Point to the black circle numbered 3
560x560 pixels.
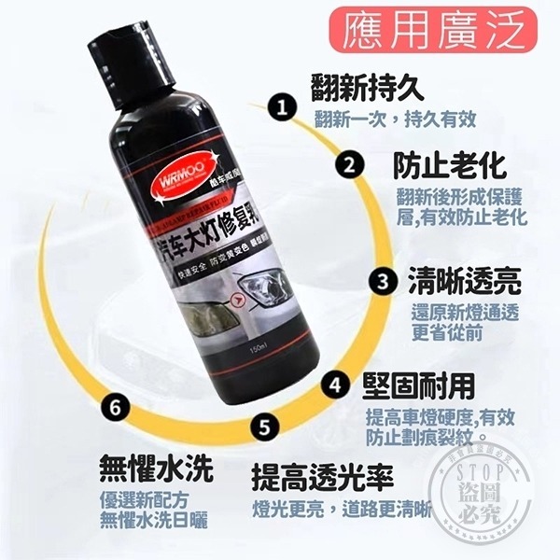(382, 280)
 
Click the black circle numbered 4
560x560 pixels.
(336, 384)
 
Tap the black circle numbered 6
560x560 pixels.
(115, 408)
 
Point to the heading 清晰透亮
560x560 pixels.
(463, 280)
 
